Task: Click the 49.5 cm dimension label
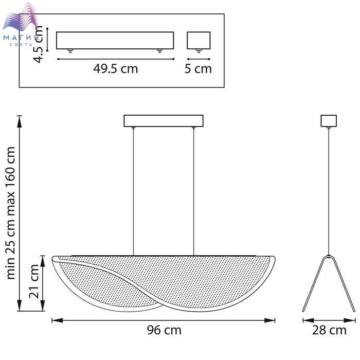[x=116, y=68]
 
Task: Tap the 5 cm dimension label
[x=198, y=68]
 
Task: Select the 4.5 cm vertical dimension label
[x=38, y=44]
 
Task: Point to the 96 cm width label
[x=164, y=330]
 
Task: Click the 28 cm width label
[x=329, y=330]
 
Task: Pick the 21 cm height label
[x=34, y=281]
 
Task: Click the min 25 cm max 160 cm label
[x=11, y=213]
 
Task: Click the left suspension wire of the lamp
[x=133, y=191]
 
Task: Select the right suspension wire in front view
[x=193, y=191]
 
